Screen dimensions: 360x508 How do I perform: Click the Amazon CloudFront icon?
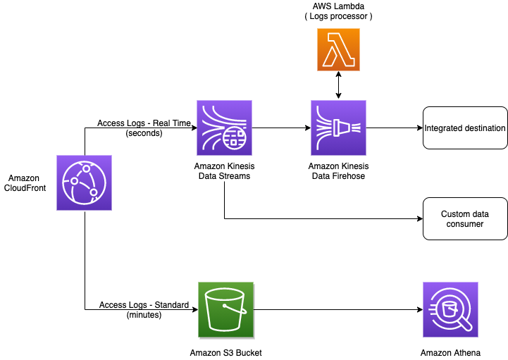tap(84, 183)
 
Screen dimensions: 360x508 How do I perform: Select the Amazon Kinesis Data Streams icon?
tap(225, 128)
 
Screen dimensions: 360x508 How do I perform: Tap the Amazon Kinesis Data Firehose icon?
tap(338, 128)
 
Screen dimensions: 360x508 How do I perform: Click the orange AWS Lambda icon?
tap(338, 50)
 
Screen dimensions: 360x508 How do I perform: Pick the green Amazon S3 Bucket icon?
tap(225, 310)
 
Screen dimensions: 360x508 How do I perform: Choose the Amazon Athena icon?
tap(450, 310)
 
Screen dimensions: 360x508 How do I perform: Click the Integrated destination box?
tap(465, 128)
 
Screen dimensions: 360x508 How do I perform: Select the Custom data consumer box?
tap(465, 218)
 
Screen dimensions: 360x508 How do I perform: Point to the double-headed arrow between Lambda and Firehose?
tap(338, 85)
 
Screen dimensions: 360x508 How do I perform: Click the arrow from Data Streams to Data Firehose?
tap(282, 128)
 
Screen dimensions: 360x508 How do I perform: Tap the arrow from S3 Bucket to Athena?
tap(338, 310)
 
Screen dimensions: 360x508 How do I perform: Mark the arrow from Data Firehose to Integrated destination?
tap(395, 128)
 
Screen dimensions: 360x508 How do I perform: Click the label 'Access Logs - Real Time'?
tap(144, 123)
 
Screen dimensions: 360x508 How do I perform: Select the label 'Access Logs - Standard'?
tap(144, 305)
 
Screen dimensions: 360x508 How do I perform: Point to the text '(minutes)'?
tap(144, 315)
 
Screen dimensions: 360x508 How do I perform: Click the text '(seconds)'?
tap(144, 132)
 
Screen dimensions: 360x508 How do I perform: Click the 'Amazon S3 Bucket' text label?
tap(225, 352)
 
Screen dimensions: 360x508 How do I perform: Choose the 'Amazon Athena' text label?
tap(450, 352)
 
